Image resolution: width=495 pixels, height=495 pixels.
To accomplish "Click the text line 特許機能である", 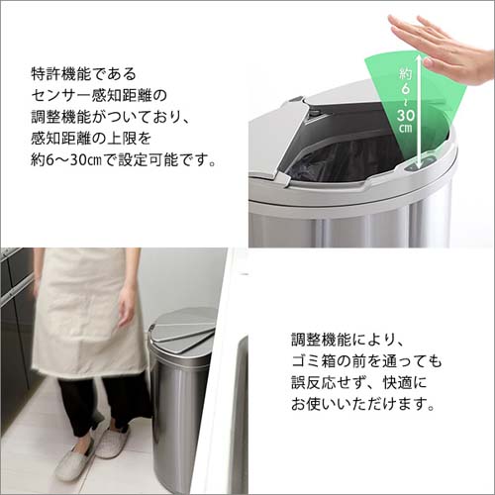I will click(85, 74).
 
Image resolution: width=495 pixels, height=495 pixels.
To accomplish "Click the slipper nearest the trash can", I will click(112, 441).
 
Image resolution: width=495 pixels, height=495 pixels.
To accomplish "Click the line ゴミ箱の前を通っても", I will click(366, 361).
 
